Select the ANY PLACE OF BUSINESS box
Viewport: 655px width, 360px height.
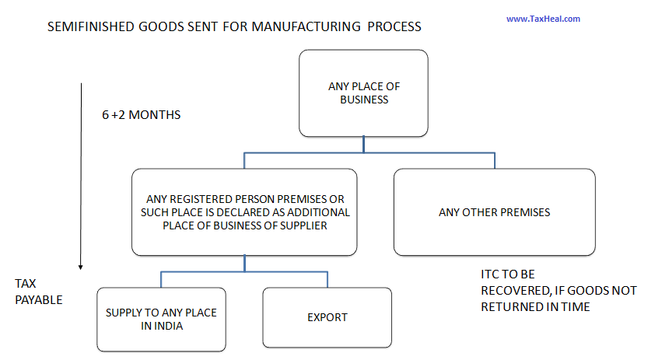tap(364, 93)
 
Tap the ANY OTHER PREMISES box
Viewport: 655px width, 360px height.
tap(494, 211)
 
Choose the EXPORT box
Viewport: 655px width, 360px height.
tap(327, 317)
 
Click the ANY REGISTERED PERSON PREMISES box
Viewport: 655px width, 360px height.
tap(244, 211)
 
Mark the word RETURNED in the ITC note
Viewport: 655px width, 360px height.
tap(512, 306)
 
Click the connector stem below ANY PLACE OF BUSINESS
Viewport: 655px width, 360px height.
tap(364, 145)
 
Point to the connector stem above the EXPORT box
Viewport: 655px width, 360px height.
tap(327, 280)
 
